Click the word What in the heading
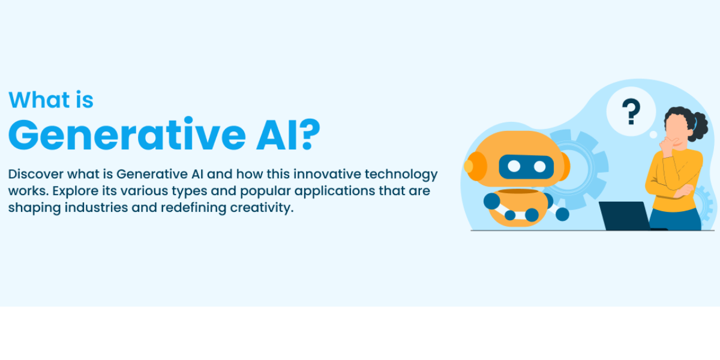click(x=39, y=100)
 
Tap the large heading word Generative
click(x=127, y=134)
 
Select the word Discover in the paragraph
click(x=35, y=174)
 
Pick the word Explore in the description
click(x=76, y=191)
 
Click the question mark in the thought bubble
click(x=631, y=111)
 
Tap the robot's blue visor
click(x=526, y=167)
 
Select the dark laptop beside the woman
click(x=627, y=215)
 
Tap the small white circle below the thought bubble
click(x=653, y=134)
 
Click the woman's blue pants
click(x=675, y=220)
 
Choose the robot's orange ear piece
click(x=475, y=166)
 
